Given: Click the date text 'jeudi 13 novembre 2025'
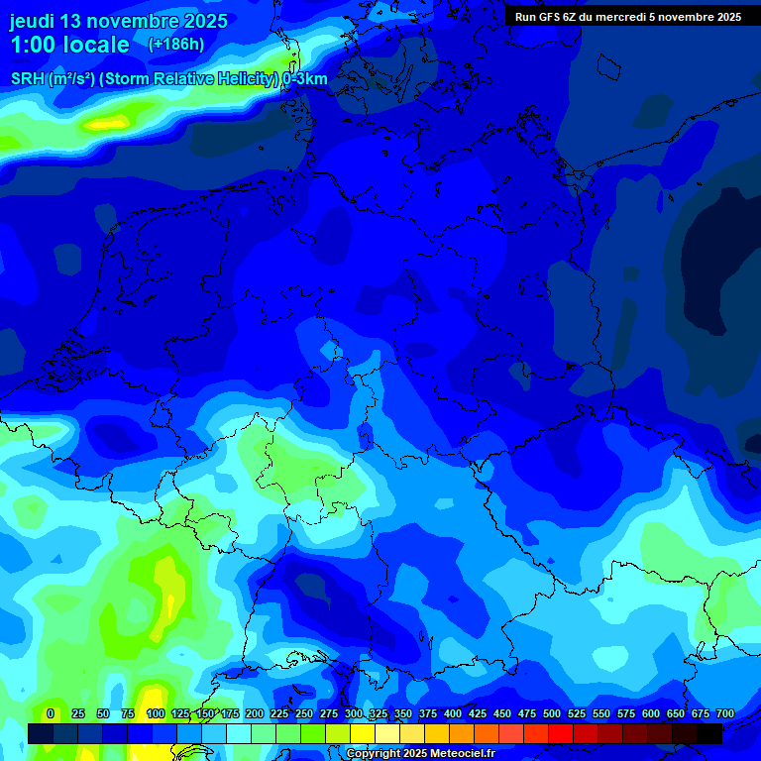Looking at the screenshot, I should pyautogui.click(x=118, y=21).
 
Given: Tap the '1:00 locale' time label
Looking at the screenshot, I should pyautogui.click(x=69, y=45).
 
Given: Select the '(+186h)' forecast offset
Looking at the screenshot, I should pyautogui.click(x=175, y=44).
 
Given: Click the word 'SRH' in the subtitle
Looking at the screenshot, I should pyautogui.click(x=28, y=79).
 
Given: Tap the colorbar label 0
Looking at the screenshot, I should pyautogui.click(x=50, y=713).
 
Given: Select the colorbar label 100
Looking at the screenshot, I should pyautogui.click(x=155, y=713).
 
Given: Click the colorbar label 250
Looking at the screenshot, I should pyautogui.click(x=303, y=713).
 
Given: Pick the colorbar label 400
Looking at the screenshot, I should pyautogui.click(x=452, y=713).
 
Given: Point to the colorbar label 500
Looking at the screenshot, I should pyautogui.click(x=551, y=713).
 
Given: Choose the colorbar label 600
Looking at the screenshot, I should pyautogui.click(x=650, y=713).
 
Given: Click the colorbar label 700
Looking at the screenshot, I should pyautogui.click(x=724, y=713).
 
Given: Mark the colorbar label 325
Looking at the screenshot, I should pyautogui.click(x=378, y=713).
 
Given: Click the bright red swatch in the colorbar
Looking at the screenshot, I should pyautogui.click(x=561, y=733).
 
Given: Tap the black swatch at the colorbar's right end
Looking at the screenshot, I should pyautogui.click(x=709, y=733).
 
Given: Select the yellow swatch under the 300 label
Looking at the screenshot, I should pyautogui.click(x=363, y=733).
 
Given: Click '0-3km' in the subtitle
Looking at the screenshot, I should pyautogui.click(x=305, y=79).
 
